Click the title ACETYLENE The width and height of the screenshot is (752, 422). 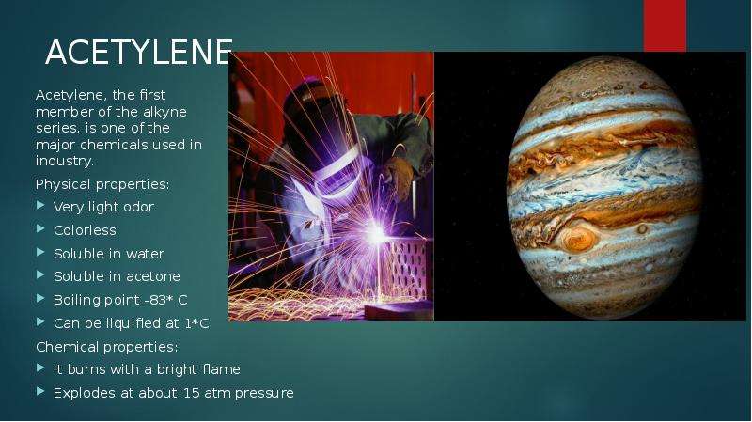pos(139,53)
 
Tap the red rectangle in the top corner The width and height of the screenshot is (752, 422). pos(665,25)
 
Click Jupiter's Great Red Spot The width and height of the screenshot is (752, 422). pos(579,239)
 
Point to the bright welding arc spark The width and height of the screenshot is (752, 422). pos(375,235)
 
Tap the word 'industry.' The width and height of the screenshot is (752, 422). pos(65,161)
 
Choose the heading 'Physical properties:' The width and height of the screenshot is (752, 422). pos(102,184)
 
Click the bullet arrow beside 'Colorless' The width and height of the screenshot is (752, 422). pos(40,228)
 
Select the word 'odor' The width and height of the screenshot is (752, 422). pos(138,207)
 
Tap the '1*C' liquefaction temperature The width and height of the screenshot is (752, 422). pos(196,323)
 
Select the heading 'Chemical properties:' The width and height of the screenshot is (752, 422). pos(107,347)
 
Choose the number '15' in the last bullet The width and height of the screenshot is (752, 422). pos(192,393)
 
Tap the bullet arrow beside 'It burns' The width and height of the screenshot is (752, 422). pos(40,368)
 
